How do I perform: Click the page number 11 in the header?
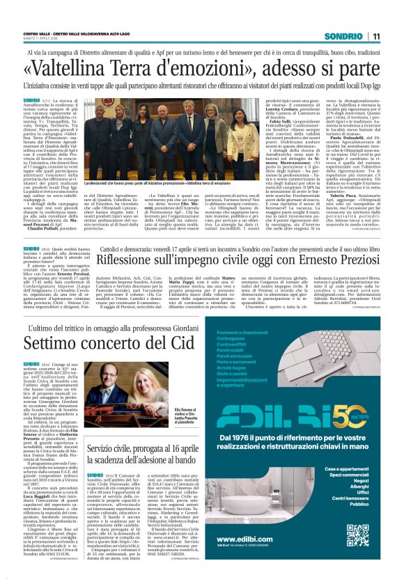pyautogui.click(x=375, y=36)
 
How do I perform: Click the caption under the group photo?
pyautogui.click(x=171, y=182)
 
